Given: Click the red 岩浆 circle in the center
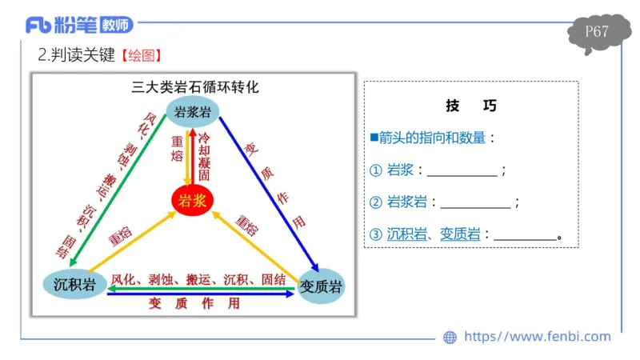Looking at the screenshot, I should click(193, 200).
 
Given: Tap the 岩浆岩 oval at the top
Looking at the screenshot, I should click(193, 112).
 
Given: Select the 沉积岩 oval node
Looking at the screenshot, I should click(74, 285).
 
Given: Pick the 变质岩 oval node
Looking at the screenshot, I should click(320, 286).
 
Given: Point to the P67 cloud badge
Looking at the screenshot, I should click(597, 33).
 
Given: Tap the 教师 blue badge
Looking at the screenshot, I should click(117, 26).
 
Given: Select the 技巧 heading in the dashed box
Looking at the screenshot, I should click(471, 106).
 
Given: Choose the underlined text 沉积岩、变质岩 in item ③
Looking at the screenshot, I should click(434, 234).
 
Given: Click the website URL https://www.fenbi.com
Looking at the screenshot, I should click(537, 337).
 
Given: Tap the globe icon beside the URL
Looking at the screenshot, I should click(450, 338).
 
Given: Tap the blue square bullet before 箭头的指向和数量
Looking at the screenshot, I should click(374, 137).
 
